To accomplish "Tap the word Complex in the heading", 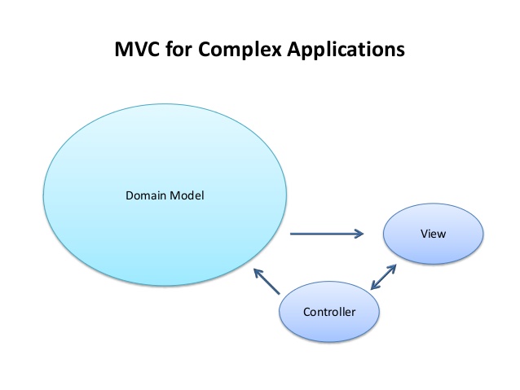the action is [x=240, y=50].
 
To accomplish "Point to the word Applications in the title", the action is [x=346, y=50].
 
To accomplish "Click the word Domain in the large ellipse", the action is [x=146, y=195].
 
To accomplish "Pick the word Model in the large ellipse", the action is [x=187, y=195].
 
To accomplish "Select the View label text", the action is [x=433, y=234].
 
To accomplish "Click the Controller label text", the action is [x=329, y=312].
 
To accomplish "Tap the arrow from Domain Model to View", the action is [x=327, y=234].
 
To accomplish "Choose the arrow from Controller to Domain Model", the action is [x=267, y=282].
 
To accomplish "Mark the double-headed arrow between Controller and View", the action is [x=383, y=277].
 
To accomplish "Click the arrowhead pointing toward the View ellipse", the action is [x=359, y=234].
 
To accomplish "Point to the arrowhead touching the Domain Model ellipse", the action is [x=258, y=273].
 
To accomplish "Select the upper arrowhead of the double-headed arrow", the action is [x=392, y=269].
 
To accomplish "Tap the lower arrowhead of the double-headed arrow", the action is [x=375, y=285].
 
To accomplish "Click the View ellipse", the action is [x=433, y=234].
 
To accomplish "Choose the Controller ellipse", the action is [x=329, y=312].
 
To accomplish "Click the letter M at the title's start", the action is [x=123, y=50].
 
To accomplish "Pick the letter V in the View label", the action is [x=425, y=234].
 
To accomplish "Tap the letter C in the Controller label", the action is [x=307, y=312].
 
